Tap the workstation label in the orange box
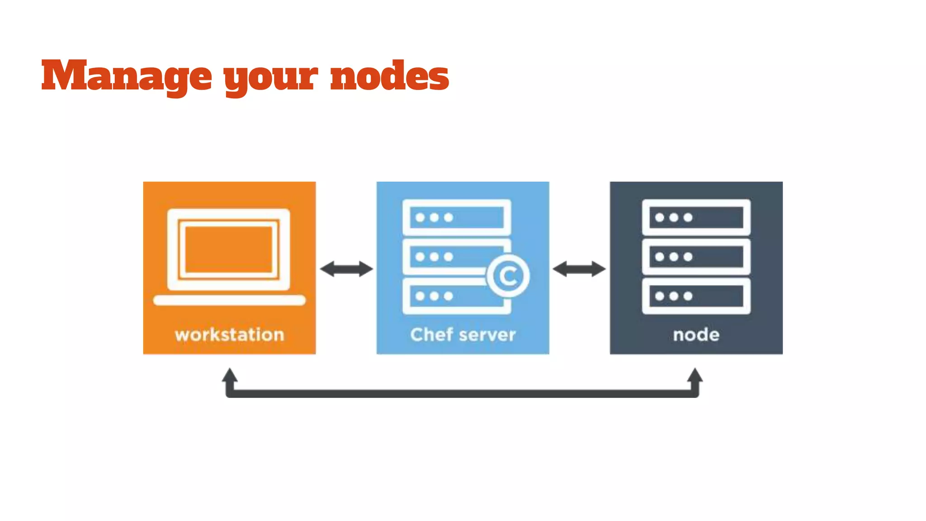click(x=229, y=335)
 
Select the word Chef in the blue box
click(x=431, y=335)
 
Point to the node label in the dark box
click(x=696, y=335)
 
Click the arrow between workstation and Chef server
click(x=346, y=269)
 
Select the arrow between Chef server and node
click(x=579, y=269)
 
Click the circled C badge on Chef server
click(x=508, y=276)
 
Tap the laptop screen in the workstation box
click(x=229, y=250)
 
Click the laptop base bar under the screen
click(x=229, y=300)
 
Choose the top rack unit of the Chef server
click(x=457, y=218)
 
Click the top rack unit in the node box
click(x=696, y=218)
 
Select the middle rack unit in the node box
click(x=696, y=257)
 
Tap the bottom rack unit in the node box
click(x=696, y=296)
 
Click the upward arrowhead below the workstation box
click(x=230, y=375)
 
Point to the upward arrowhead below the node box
click(x=695, y=375)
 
